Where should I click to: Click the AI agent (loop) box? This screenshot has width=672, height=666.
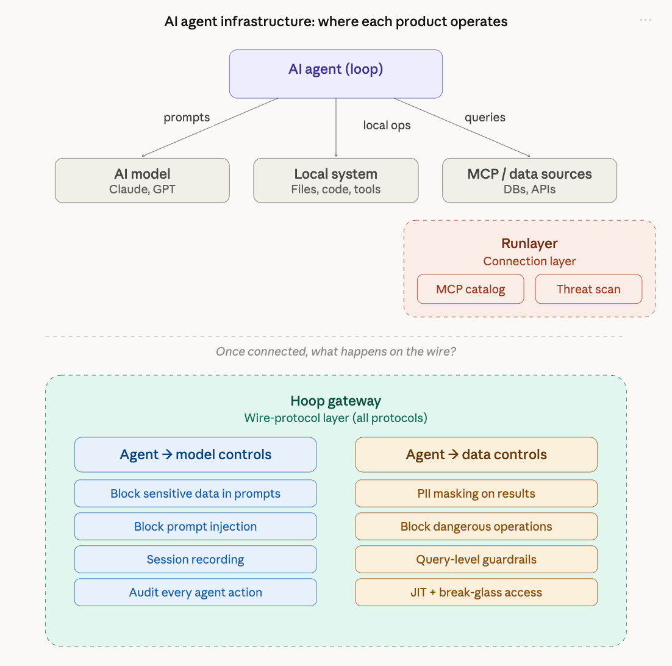[x=335, y=74]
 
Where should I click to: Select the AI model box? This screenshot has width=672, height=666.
[x=142, y=181]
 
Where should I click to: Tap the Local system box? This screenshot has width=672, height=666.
[x=335, y=181]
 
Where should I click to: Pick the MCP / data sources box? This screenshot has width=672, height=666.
[x=529, y=181]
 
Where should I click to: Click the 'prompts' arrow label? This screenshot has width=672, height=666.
[x=187, y=118]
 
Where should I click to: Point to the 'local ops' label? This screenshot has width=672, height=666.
[x=387, y=126]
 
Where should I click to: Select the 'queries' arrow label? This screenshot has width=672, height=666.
[x=485, y=117]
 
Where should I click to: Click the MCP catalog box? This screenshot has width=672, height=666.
[x=470, y=289]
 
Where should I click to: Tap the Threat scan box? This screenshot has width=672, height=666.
[x=588, y=289]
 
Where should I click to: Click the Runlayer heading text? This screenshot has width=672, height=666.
[x=529, y=244]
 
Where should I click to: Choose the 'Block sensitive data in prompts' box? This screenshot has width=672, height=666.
[x=195, y=493]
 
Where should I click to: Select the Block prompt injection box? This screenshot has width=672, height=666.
[x=195, y=526]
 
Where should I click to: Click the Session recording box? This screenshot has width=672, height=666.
[x=195, y=559]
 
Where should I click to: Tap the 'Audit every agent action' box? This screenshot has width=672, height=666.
[x=195, y=592]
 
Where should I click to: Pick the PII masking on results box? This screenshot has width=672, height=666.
[x=476, y=493]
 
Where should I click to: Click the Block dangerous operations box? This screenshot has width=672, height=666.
[x=476, y=526]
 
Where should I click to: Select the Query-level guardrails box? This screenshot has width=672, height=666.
[x=476, y=559]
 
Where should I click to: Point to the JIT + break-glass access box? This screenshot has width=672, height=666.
[x=476, y=592]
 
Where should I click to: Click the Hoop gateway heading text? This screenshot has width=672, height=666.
[x=335, y=401]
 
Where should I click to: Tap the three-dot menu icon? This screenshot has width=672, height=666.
[x=645, y=20]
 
